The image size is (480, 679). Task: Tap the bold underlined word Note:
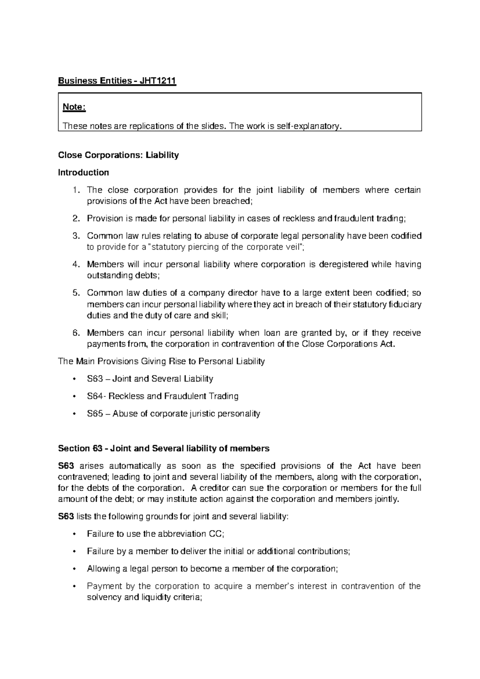pos(74,107)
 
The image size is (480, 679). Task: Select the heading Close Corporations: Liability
pos(118,155)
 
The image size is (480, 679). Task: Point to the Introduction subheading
pos(83,173)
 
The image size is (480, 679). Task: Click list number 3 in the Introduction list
pos(76,236)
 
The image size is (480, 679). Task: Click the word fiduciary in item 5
pos(405,304)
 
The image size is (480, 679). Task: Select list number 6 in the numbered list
pos(76,333)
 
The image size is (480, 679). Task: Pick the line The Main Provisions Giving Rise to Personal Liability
pos(162,362)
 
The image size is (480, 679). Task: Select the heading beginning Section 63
pos(164,448)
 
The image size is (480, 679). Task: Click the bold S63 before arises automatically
pos(66,466)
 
